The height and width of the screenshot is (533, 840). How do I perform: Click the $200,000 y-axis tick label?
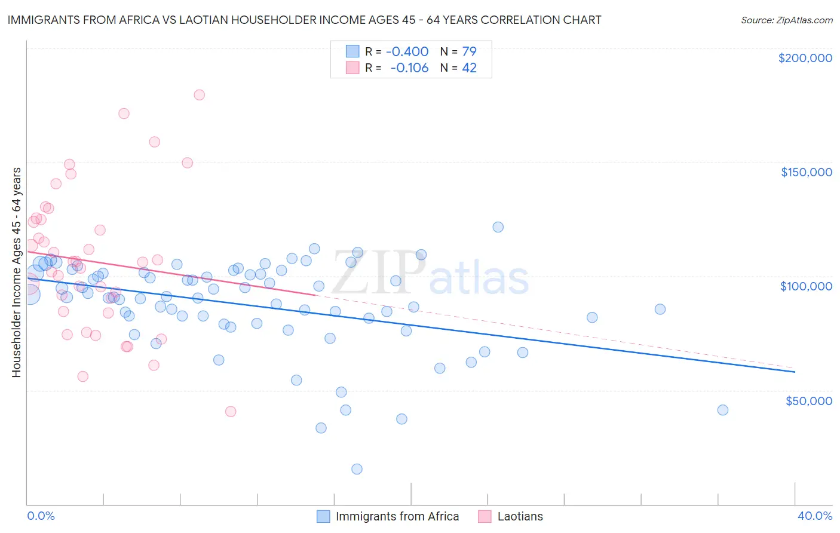click(x=805, y=58)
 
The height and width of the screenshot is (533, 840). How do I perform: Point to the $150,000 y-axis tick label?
click(x=806, y=172)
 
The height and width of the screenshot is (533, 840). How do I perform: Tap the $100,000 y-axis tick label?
click(x=806, y=286)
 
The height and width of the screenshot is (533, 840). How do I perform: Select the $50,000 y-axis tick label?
click(x=808, y=400)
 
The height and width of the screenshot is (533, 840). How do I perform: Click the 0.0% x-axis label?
click(x=41, y=516)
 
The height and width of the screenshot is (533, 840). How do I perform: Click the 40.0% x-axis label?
click(x=814, y=516)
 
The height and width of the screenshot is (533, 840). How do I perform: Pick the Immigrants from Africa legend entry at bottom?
click(x=397, y=516)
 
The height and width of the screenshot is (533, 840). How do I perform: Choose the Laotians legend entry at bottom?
click(x=520, y=516)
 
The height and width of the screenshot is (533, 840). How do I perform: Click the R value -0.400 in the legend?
click(x=407, y=51)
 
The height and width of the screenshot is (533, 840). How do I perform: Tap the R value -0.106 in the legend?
click(x=409, y=68)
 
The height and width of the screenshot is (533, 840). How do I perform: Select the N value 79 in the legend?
click(x=469, y=51)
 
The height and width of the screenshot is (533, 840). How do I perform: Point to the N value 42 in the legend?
click(x=469, y=68)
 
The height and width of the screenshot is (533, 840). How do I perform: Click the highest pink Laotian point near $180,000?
click(x=200, y=95)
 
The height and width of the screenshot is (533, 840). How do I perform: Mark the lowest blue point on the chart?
click(x=357, y=469)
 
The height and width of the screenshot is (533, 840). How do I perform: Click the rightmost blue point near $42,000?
click(x=723, y=410)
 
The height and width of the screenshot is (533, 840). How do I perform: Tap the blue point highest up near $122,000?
click(x=498, y=227)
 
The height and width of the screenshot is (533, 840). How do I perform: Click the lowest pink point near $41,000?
click(x=231, y=412)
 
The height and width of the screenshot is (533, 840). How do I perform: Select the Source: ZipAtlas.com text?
click(x=786, y=20)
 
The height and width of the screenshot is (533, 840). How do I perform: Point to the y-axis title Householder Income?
click(x=16, y=272)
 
